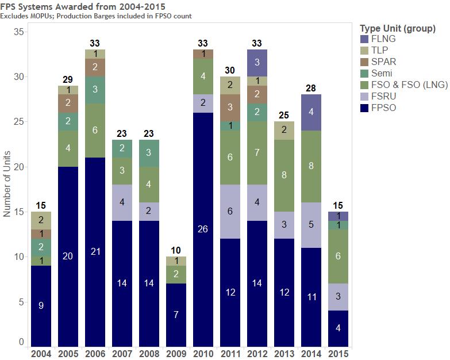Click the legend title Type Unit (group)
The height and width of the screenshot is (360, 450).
coord(397,28)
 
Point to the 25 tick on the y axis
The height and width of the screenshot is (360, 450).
coord(18,121)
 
